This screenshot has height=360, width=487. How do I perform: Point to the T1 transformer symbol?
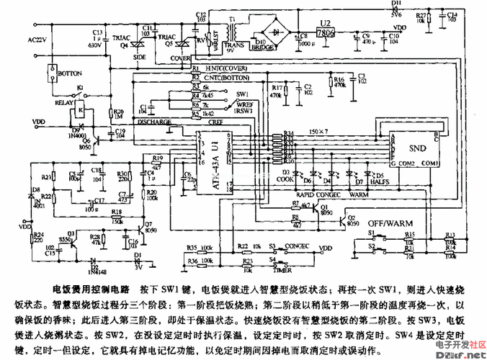pyautogui.click(x=232, y=32)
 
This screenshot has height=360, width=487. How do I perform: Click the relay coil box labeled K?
pyautogui.click(x=81, y=109)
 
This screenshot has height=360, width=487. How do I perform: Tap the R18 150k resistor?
pyautogui.click(x=116, y=217)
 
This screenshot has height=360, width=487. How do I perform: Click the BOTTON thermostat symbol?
pyautogui.click(x=53, y=73)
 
